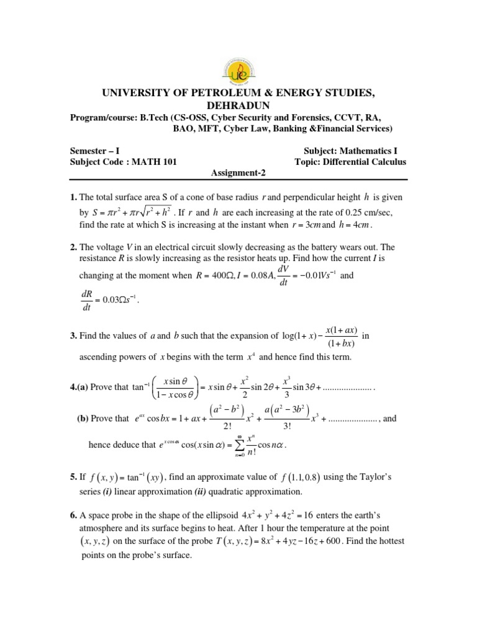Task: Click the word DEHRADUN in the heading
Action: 238,105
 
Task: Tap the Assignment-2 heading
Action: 238,175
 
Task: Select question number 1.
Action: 73,197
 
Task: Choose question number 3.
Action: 73,336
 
